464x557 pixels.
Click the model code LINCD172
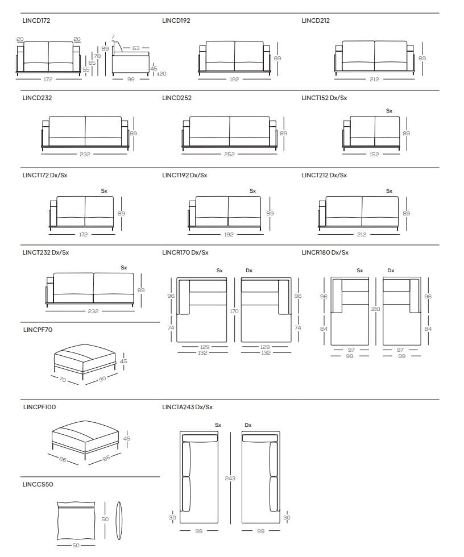(x=36, y=20)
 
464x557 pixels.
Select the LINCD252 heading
(x=176, y=98)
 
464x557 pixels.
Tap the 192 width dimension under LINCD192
(x=234, y=80)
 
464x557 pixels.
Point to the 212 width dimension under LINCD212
(x=374, y=80)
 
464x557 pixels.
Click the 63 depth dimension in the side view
(x=136, y=48)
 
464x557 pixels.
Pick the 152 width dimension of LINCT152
(x=374, y=154)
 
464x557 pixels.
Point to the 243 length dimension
(x=230, y=479)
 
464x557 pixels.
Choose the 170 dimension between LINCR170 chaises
(x=234, y=311)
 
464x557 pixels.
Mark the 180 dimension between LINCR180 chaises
(x=375, y=309)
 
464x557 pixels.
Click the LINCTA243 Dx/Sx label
(x=187, y=407)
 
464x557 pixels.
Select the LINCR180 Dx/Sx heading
(x=325, y=252)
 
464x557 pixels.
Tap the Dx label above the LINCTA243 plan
(x=248, y=425)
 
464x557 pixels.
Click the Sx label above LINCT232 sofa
(x=123, y=267)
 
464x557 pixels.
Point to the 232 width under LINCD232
(x=85, y=154)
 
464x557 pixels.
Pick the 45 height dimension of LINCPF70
(x=124, y=361)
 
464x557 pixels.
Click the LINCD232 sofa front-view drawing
(x=85, y=132)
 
